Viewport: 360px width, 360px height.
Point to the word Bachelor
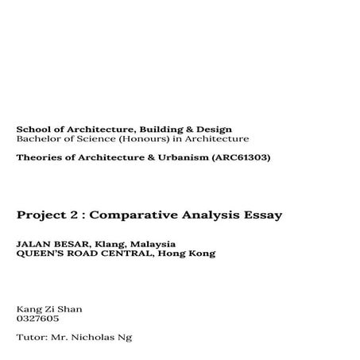pyautogui.click(x=37, y=138)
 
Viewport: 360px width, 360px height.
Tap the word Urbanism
pyautogui.click(x=175, y=157)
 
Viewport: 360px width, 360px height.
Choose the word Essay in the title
pyautogui.click(x=261, y=215)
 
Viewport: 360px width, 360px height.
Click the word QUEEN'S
pyautogui.click(x=41, y=254)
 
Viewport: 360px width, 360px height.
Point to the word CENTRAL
pyautogui.click(x=130, y=254)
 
